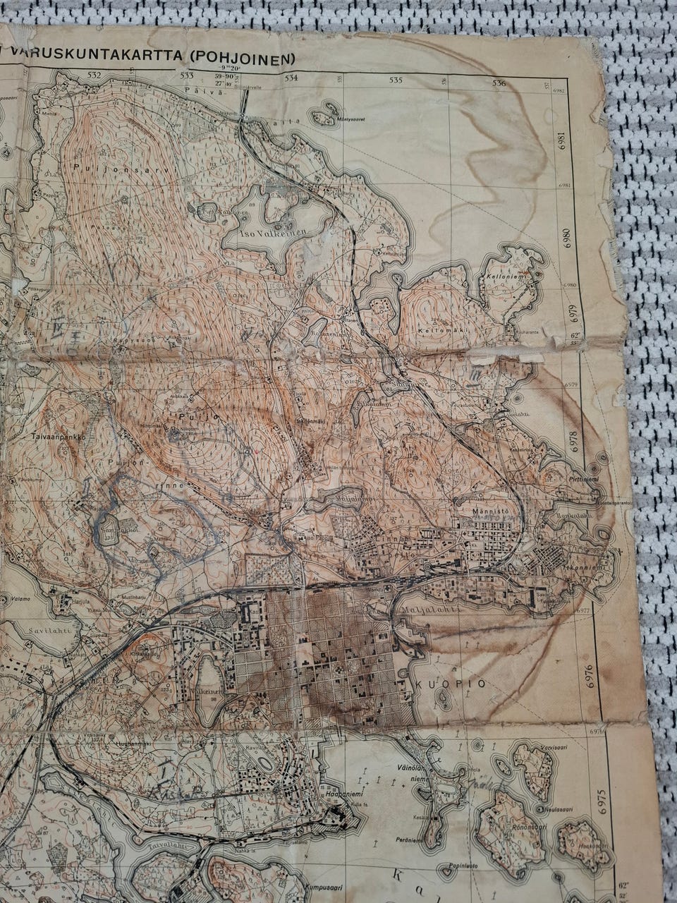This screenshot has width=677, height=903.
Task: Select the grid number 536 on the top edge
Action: (x=499, y=83)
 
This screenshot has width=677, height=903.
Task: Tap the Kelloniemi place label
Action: (x=503, y=276)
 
